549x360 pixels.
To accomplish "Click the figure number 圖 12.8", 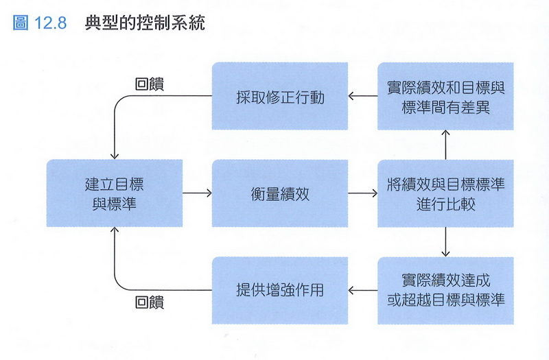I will (40, 23).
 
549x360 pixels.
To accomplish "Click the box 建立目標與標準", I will (114, 193).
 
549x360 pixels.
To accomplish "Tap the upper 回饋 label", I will (150, 82).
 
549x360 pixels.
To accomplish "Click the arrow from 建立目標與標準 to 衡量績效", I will (197, 193).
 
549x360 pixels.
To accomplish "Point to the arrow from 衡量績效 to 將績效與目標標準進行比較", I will (362, 193).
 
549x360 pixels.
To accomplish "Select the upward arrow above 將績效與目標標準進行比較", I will (446, 145).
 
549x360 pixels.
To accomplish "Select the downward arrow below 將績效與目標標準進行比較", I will (446, 241).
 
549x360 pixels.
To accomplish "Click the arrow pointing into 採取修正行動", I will (362, 97).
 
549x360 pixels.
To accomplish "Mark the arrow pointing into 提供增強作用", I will (362, 290).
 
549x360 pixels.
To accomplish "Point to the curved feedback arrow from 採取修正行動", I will (124, 103).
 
